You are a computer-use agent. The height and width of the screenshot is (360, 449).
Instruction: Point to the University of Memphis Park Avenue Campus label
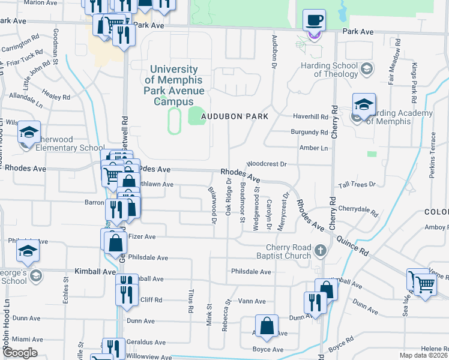[x=174, y=86]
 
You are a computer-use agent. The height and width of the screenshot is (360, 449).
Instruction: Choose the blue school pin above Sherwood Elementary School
[x=28, y=132]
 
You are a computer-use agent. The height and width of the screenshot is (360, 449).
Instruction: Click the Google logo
[x=20, y=353]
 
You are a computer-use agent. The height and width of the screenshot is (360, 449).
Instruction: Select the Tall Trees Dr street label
[x=357, y=185]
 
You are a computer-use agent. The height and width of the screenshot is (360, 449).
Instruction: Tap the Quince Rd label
[x=355, y=242]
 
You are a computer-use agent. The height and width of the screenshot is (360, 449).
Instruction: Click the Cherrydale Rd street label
[x=358, y=211]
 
